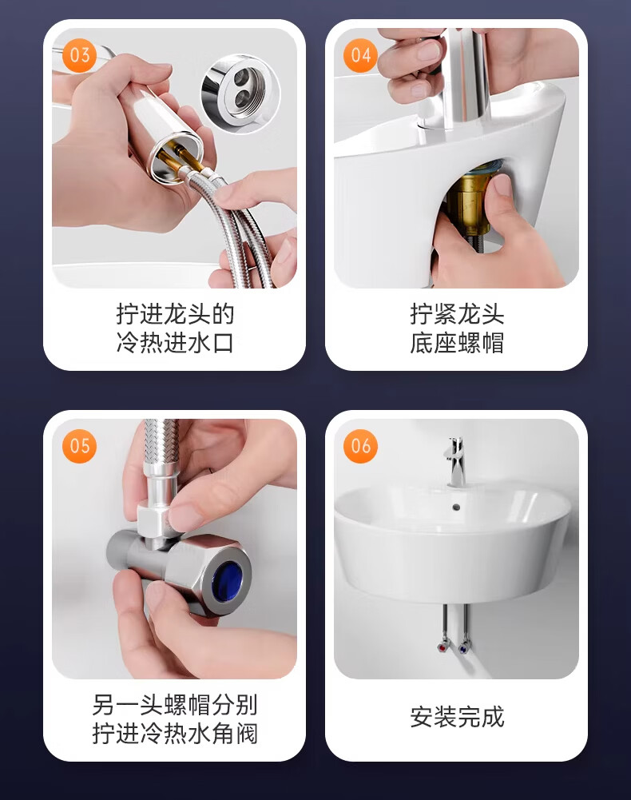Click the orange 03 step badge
tap(79, 55)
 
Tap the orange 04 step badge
tap(361, 55)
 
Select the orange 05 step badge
tap(79, 446)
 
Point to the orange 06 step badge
tap(361, 446)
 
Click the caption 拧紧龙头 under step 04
tap(457, 314)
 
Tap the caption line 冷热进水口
tap(175, 342)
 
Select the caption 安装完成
tap(457, 717)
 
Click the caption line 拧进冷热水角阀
tap(175, 734)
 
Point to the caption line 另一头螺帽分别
tap(175, 705)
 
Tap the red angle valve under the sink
tap(442, 647)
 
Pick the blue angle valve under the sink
tap(463, 649)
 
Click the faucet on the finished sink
tap(455, 460)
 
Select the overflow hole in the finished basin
tap(457, 507)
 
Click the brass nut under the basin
tap(470, 200)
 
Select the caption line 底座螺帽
tap(457, 342)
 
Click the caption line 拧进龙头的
tap(175, 314)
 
